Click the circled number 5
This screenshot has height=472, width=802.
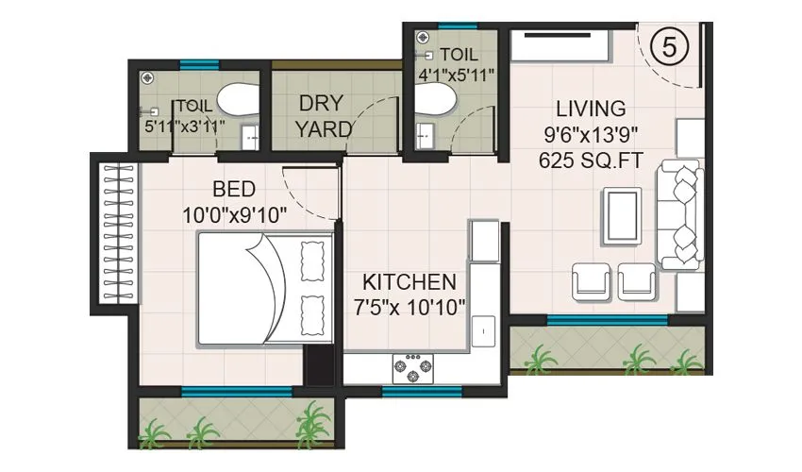click(x=669, y=47)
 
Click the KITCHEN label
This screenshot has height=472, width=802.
click(x=409, y=282)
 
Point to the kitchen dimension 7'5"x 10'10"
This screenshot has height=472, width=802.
click(x=409, y=308)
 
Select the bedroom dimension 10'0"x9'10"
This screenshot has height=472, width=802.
click(x=233, y=215)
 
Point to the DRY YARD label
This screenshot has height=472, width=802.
click(x=324, y=115)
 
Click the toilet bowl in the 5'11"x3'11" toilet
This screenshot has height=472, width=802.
click(x=234, y=99)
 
